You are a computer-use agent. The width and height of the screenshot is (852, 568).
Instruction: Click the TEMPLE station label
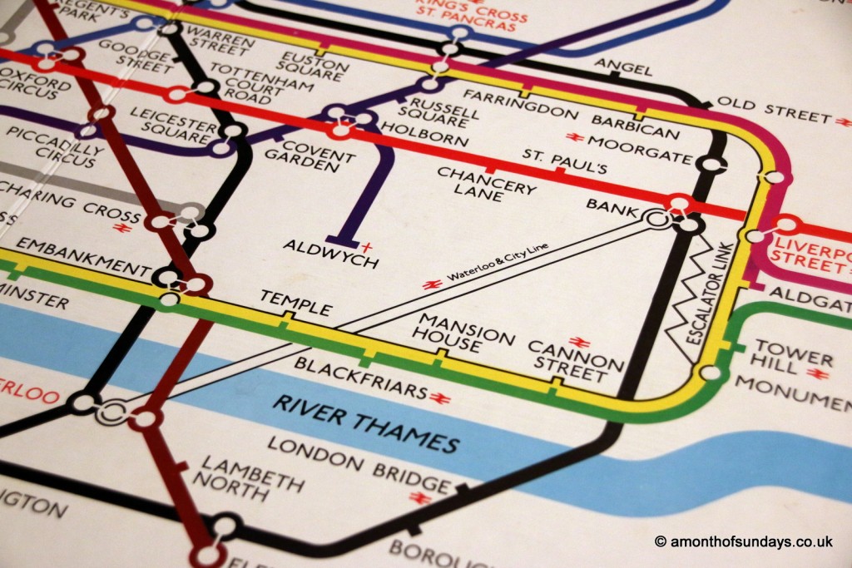[x=295, y=303]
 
